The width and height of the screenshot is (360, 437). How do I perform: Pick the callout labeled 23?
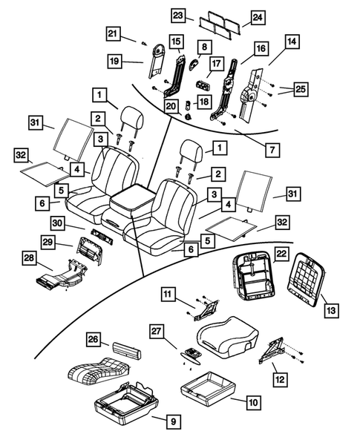click(x=178, y=15)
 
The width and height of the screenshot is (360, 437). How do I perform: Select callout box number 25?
click(x=300, y=90)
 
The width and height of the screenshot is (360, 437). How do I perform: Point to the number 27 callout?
click(x=157, y=330)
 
